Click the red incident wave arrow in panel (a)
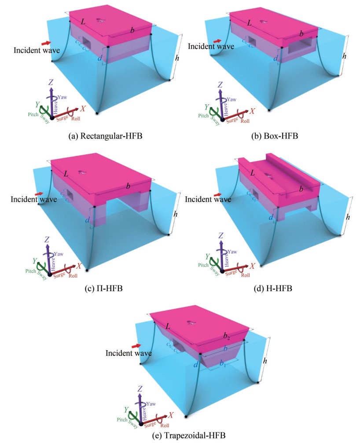(x=45, y=43)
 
